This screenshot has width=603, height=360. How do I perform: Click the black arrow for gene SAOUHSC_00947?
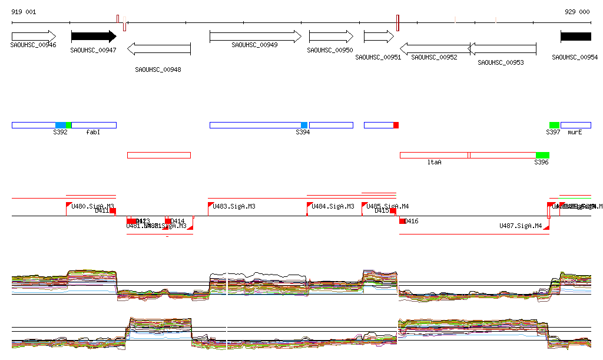click(93, 37)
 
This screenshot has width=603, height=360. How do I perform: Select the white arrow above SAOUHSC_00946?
click(34, 37)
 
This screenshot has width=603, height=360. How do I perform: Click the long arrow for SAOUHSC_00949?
click(255, 37)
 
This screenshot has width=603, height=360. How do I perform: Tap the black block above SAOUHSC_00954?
click(575, 37)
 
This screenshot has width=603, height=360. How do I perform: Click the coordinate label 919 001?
click(24, 12)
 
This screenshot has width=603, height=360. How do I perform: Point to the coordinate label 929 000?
click(577, 12)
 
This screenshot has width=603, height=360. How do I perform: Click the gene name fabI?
click(93, 133)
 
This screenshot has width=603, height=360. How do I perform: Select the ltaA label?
click(434, 162)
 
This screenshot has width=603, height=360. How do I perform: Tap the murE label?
click(575, 133)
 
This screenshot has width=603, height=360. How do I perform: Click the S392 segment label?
click(60, 133)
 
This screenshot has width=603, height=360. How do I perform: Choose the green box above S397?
click(554, 125)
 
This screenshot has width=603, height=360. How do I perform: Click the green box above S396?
click(542, 155)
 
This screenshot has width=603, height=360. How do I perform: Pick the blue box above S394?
click(304, 125)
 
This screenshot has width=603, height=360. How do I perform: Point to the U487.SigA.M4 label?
click(521, 226)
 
